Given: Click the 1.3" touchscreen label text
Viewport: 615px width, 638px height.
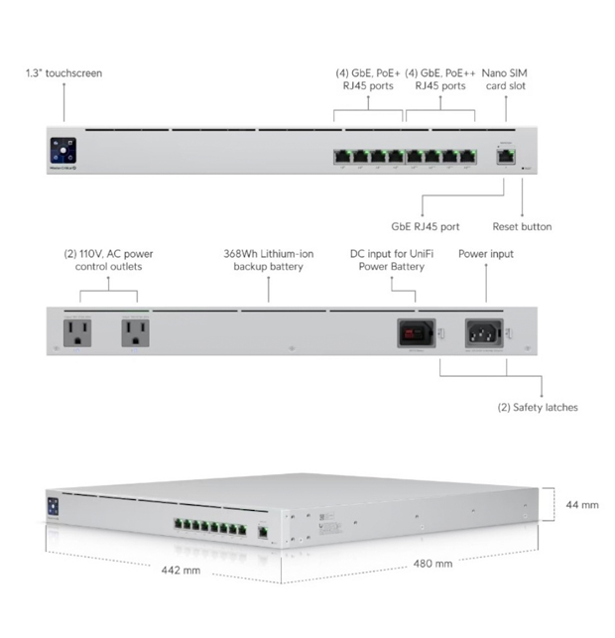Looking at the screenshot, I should click(x=63, y=73).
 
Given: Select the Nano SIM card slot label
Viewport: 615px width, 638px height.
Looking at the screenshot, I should click(x=505, y=79).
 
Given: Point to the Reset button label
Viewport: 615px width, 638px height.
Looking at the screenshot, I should click(x=522, y=226).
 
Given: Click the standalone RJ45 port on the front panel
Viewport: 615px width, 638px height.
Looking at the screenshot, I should click(x=504, y=154).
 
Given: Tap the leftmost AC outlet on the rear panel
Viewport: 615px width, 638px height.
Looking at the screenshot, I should click(x=77, y=332).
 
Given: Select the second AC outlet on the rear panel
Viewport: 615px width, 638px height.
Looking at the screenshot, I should click(x=136, y=332).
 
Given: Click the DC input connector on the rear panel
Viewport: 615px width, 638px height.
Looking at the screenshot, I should click(x=417, y=332).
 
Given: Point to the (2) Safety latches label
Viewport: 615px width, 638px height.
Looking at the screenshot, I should click(x=537, y=407).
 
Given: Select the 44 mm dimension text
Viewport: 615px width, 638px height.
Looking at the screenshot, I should click(x=582, y=505).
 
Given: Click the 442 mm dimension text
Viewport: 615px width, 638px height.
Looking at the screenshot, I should click(x=182, y=570).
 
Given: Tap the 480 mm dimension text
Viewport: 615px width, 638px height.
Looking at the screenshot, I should click(x=432, y=563).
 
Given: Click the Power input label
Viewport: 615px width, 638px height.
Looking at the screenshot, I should click(x=486, y=254).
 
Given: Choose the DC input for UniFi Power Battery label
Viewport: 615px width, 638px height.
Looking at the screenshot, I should click(x=392, y=260).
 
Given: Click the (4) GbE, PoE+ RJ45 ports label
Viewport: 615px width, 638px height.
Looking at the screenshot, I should click(x=367, y=79).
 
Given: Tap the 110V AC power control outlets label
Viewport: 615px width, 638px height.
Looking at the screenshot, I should click(x=108, y=260).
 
